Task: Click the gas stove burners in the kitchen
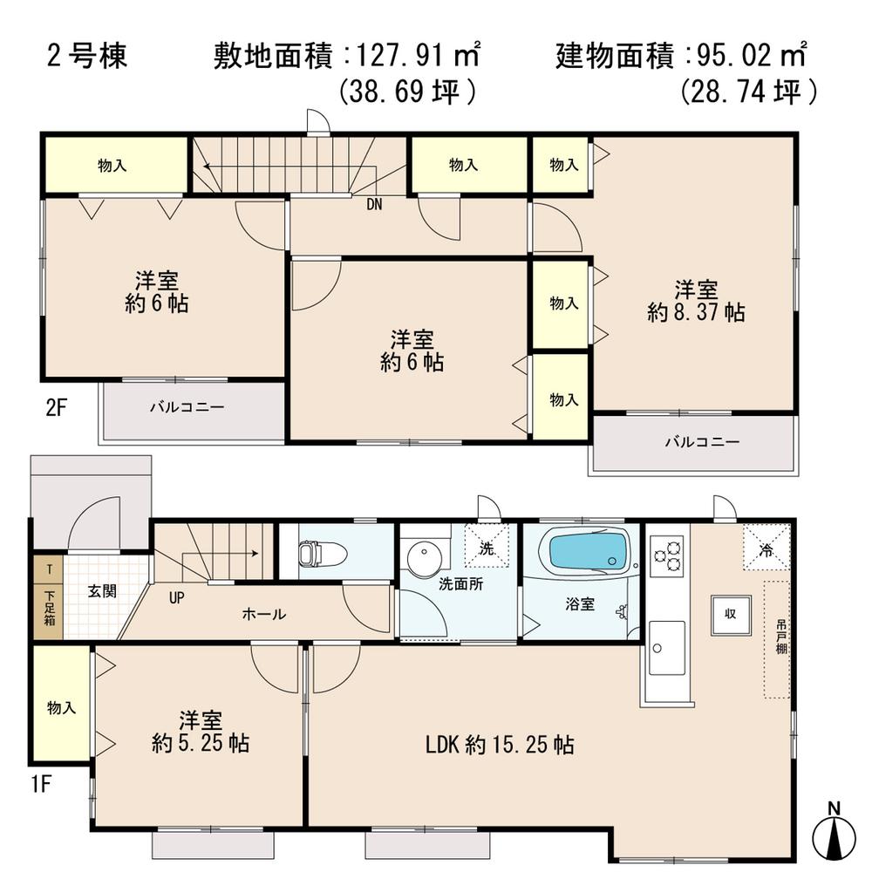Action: [x=667, y=555]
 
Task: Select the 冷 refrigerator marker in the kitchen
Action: [x=765, y=549]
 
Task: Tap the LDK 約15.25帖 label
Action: [x=499, y=745]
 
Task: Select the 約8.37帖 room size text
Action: [x=696, y=312]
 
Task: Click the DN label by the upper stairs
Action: [x=373, y=205]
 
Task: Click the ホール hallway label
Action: [x=263, y=614]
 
